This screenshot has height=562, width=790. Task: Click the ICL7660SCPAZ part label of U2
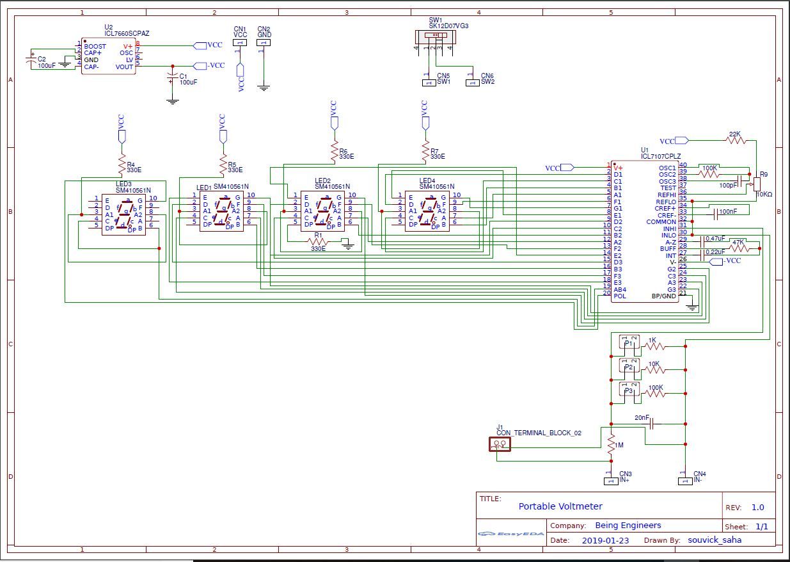coord(127,33)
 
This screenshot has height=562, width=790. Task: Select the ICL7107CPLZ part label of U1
coord(661,156)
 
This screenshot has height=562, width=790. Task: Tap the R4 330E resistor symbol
coord(121,165)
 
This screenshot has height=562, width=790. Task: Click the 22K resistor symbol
coord(736,140)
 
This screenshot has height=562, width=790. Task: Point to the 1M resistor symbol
coord(611,443)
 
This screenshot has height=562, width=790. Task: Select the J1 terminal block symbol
coord(500,444)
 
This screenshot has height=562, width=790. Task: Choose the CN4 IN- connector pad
coord(685,481)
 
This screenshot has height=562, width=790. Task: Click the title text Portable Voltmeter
coord(560,506)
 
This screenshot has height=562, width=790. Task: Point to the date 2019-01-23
coord(605,540)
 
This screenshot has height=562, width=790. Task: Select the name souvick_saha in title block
coord(715,540)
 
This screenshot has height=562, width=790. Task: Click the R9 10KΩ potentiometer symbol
coord(757,182)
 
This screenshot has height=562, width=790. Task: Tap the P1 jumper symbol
coord(629,344)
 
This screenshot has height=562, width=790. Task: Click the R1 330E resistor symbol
coord(318,242)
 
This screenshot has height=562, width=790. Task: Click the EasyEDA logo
coord(511,534)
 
